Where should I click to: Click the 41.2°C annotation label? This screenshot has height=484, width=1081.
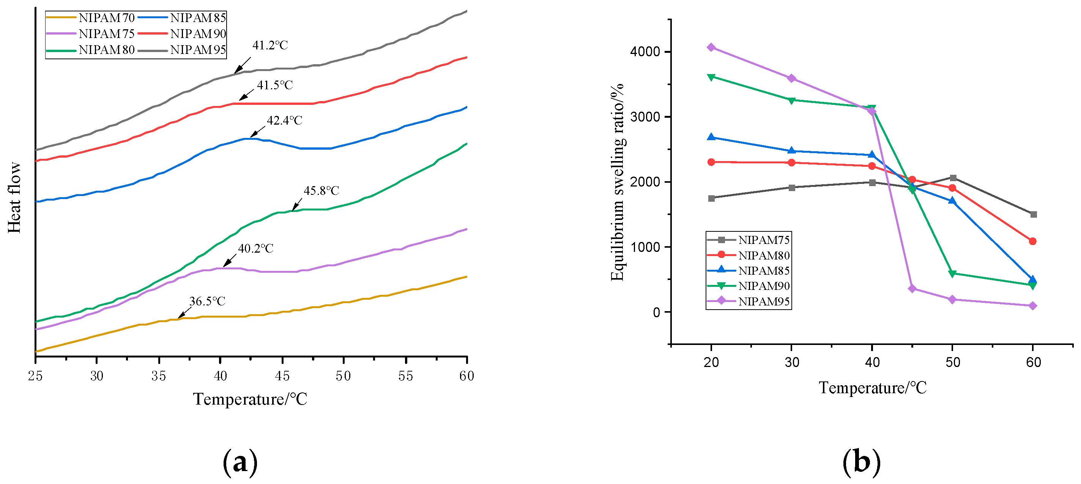[270, 45]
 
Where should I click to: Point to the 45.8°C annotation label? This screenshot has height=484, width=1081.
[321, 191]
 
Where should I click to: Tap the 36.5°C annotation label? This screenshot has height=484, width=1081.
[207, 301]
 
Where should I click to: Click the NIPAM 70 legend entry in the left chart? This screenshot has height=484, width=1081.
[91, 17]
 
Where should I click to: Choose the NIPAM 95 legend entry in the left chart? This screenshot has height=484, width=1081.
[182, 50]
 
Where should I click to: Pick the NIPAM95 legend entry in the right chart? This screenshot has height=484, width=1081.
[749, 301]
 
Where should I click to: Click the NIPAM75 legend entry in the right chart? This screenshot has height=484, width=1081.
[749, 240]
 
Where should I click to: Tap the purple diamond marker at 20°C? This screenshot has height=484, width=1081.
[711, 47]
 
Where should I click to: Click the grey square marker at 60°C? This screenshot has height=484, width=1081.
[1033, 214]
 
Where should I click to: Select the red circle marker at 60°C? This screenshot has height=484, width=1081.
[1033, 241]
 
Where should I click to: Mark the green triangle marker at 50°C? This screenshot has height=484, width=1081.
[952, 274]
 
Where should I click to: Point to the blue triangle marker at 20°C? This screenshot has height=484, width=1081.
[711, 137]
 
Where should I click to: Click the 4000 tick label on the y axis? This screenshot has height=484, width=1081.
[645, 52]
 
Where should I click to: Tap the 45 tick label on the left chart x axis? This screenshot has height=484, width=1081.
[282, 376]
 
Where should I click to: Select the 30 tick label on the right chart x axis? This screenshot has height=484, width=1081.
[791, 362]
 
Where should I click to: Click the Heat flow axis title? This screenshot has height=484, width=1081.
[14, 198]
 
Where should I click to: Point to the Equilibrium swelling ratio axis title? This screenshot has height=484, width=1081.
[617, 182]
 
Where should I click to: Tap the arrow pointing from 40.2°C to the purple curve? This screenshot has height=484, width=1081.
[230, 261]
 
